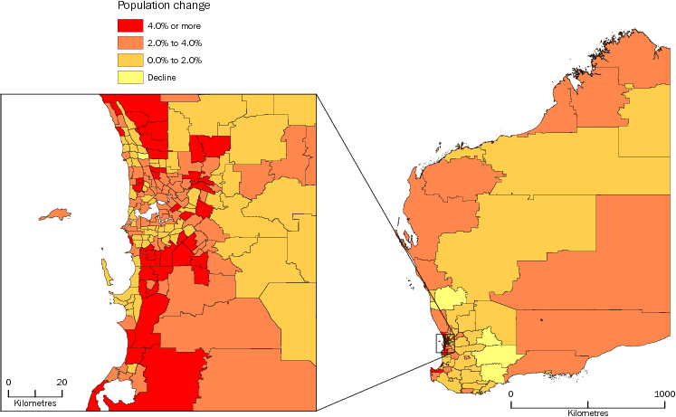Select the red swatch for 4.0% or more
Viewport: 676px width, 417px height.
tap(131, 24)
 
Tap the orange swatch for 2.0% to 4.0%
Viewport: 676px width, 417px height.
tap(131, 42)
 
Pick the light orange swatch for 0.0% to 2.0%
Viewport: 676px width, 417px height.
tap(131, 60)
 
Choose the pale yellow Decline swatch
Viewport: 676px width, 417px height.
tap(131, 77)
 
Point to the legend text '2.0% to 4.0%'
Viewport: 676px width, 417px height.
tap(174, 42)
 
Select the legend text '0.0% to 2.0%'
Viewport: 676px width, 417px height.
tap(174, 60)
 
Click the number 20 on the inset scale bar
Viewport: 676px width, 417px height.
tap(62, 382)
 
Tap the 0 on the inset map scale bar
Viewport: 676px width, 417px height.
tap(8, 382)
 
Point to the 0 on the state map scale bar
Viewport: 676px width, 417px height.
tap(510, 393)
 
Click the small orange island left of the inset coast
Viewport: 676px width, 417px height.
tap(55, 214)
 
